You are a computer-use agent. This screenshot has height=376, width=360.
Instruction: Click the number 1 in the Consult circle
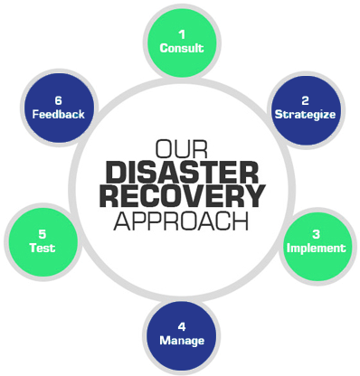click(x=181, y=33)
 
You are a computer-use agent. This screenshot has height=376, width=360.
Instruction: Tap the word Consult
click(x=181, y=48)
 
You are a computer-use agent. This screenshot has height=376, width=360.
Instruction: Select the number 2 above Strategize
click(x=305, y=99)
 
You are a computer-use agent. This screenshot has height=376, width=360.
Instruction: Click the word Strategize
click(x=305, y=115)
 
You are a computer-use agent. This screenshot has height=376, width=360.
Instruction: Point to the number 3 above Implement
click(x=317, y=232)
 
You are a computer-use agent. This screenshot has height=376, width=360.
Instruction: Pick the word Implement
click(x=316, y=248)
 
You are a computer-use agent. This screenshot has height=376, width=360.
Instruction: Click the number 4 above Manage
click(x=181, y=325)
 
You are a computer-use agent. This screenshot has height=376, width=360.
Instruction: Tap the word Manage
click(x=181, y=341)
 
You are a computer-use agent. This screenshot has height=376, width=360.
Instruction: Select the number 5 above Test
click(x=42, y=232)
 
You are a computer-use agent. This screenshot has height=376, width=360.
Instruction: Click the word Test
click(x=42, y=248)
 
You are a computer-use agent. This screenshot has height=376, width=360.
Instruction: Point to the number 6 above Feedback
click(x=58, y=99)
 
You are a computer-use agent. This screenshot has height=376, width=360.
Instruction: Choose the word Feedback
click(x=58, y=115)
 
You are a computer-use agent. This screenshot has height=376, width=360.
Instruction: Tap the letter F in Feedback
click(x=34, y=115)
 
